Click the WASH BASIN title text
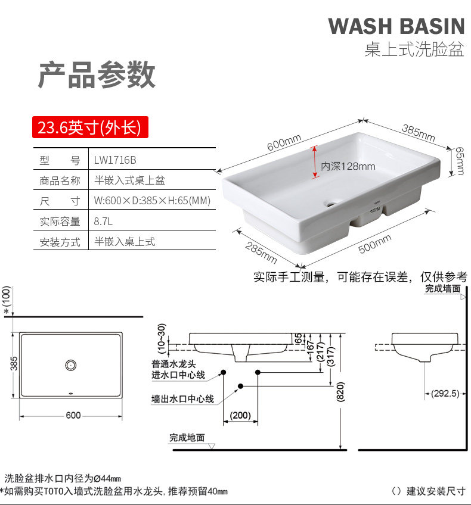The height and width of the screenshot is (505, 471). (x=396, y=26)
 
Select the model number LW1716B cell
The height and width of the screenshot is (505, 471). (x=116, y=160)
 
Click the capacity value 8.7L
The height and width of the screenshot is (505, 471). (x=103, y=221)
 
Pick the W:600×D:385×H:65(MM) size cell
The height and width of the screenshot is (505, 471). (x=152, y=201)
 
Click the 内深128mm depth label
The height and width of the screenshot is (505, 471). (x=348, y=166)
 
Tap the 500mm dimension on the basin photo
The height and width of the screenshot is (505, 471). (x=375, y=244)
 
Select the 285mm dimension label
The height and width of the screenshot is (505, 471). (x=261, y=254)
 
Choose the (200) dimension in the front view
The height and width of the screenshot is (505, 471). (x=240, y=415)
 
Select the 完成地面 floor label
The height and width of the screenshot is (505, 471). (x=187, y=438)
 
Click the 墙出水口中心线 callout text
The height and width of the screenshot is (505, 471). (x=182, y=399)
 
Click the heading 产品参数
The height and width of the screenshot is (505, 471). (x=97, y=76)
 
